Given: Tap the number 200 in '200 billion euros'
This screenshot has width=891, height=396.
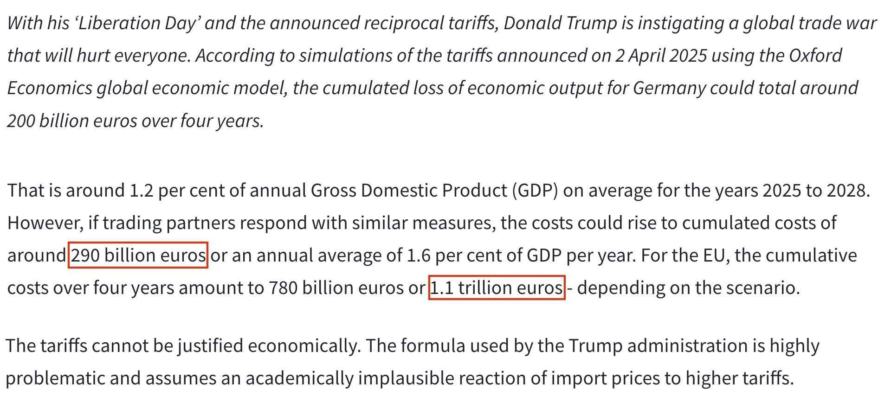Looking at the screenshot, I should [20, 121].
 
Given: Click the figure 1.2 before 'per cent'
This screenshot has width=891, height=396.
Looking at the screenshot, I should [141, 191].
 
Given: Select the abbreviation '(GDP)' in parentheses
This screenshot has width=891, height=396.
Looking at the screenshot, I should [535, 191].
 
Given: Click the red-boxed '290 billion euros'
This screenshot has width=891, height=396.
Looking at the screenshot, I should [138, 255].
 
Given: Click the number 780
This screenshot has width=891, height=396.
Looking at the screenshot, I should [283, 288].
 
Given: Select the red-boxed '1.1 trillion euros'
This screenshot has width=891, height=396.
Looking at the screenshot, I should [497, 288].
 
